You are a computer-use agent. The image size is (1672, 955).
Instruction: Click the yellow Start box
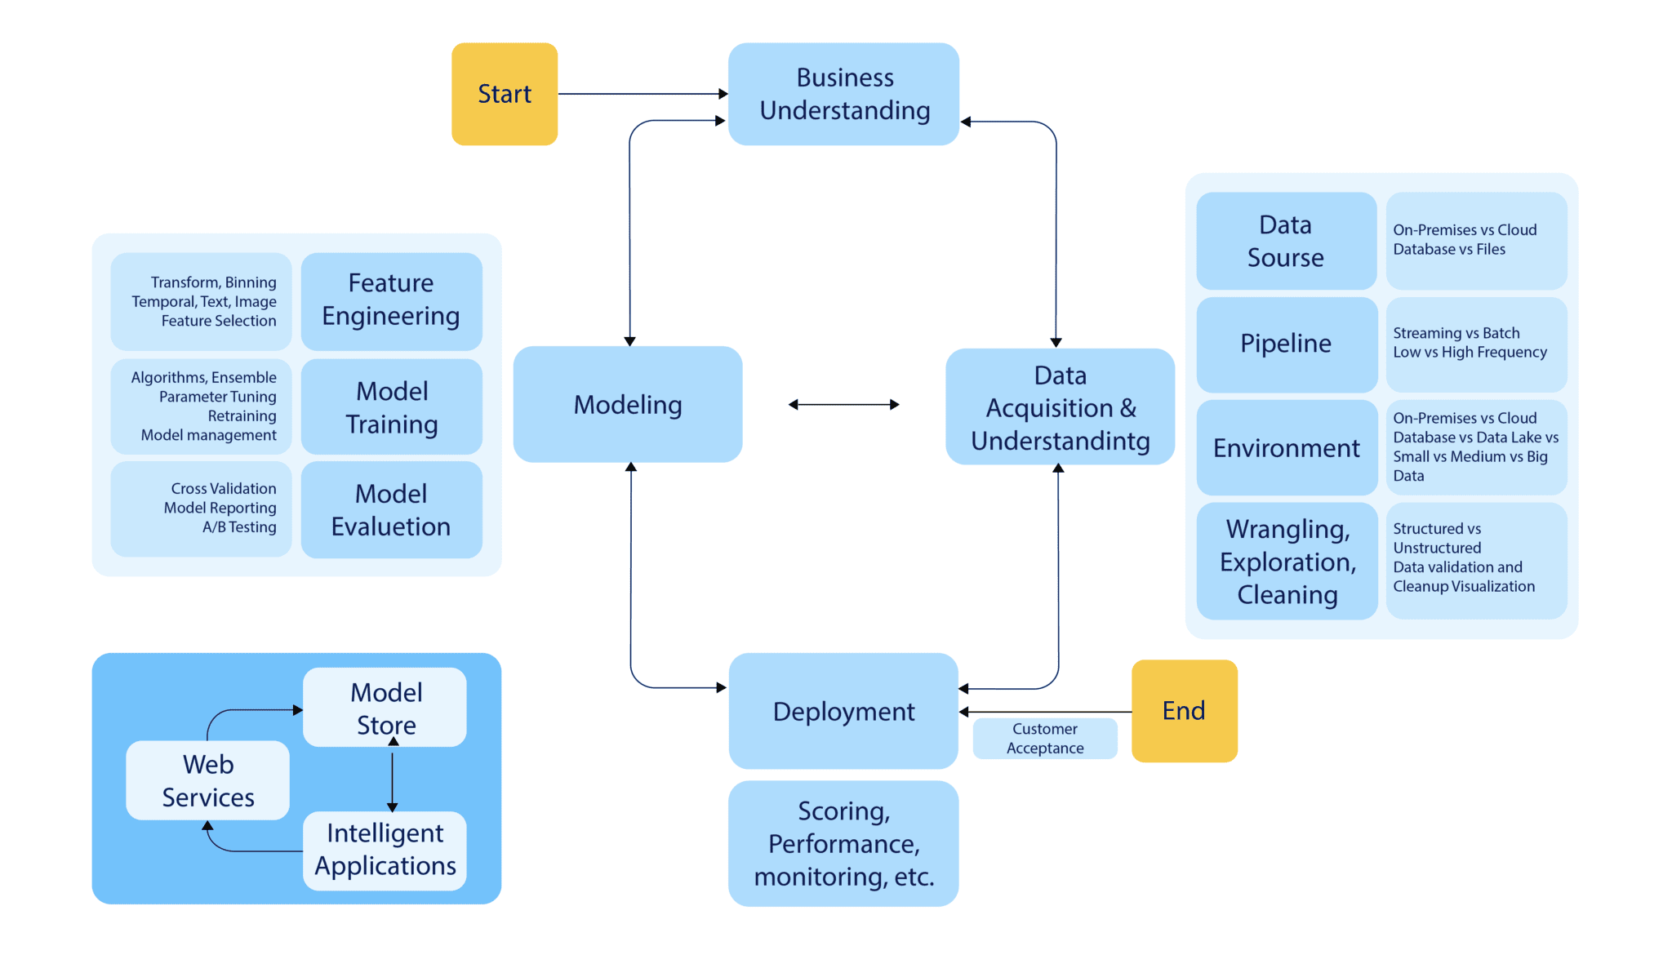pos(505,94)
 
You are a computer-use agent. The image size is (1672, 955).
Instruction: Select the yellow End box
pos(1184,711)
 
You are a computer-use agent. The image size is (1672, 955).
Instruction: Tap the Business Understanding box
pos(843,94)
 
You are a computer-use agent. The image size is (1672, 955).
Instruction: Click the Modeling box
pos(627,404)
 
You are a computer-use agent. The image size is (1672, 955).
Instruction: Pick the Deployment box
pos(843,711)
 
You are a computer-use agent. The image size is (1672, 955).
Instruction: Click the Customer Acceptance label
pos(1044,739)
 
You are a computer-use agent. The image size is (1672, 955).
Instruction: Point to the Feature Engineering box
pos(391,300)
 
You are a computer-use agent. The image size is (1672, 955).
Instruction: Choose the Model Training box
pos(391,407)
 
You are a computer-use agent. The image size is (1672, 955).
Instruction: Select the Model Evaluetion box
pos(391,510)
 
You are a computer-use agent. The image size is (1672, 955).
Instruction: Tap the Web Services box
pos(207,780)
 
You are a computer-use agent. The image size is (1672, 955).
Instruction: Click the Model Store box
pos(385,707)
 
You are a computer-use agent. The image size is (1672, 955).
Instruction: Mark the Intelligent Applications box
pos(385,850)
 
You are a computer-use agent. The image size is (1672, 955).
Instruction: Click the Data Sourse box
pos(1286,241)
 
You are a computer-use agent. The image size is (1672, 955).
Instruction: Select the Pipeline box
pos(1286,344)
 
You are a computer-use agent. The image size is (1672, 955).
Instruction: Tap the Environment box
pos(1286,447)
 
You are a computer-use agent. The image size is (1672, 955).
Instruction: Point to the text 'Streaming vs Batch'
pos(1456,333)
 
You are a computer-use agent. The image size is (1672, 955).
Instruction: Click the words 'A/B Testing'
pos(239,527)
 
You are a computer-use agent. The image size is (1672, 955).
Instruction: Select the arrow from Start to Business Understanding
pos(642,94)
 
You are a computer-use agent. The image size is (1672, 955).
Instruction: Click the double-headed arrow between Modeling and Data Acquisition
pos(843,404)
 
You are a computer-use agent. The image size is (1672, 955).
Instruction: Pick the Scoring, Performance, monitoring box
pos(843,843)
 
